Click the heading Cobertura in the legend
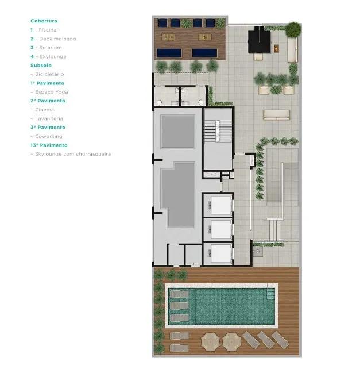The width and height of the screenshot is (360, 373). (44, 21)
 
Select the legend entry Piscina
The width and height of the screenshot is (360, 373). (48, 30)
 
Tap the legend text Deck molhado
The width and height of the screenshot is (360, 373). (57, 39)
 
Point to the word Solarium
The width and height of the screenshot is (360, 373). (51, 48)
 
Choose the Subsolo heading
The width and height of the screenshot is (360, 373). (41, 66)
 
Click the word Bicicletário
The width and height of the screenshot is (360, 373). (49, 74)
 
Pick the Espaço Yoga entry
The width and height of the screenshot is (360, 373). (52, 92)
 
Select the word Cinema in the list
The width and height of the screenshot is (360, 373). (45, 110)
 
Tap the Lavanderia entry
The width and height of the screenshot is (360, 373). (49, 119)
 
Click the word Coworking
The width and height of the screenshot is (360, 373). (49, 137)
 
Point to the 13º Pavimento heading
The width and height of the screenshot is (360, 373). (49, 145)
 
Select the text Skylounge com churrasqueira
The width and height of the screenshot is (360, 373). (73, 154)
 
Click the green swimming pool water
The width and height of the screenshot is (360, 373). (234, 306)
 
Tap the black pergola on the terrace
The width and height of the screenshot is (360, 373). (260, 40)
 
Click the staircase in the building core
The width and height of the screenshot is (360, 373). (218, 131)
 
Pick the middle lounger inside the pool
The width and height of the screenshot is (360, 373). (179, 306)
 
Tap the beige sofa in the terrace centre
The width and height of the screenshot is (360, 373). (277, 115)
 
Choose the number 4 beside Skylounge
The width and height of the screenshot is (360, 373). (32, 57)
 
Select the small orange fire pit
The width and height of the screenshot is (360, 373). (276, 48)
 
